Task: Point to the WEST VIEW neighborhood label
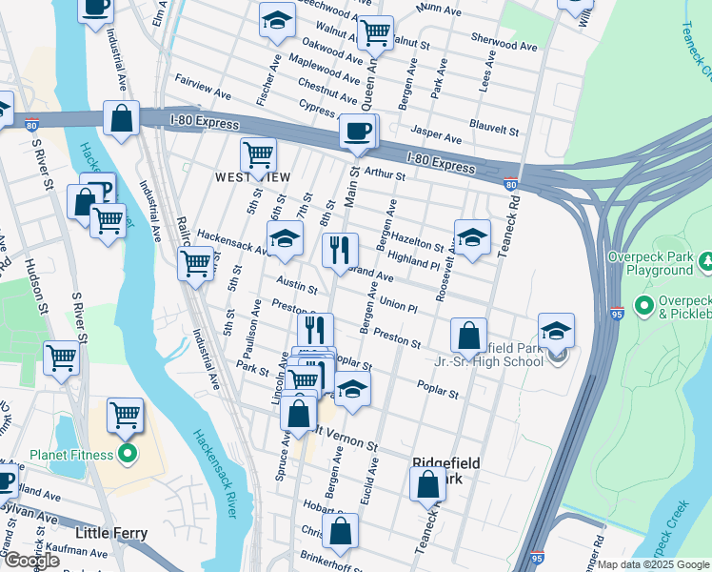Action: [252, 176]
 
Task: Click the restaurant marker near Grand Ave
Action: [340, 251]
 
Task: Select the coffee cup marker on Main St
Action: [357, 132]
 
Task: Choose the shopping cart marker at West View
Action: [258, 154]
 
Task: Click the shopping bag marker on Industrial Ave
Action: [121, 120]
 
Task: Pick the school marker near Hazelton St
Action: [471, 238]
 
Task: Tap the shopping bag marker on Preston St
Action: [468, 336]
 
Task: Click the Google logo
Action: [31, 561]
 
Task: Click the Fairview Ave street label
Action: [203, 93]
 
